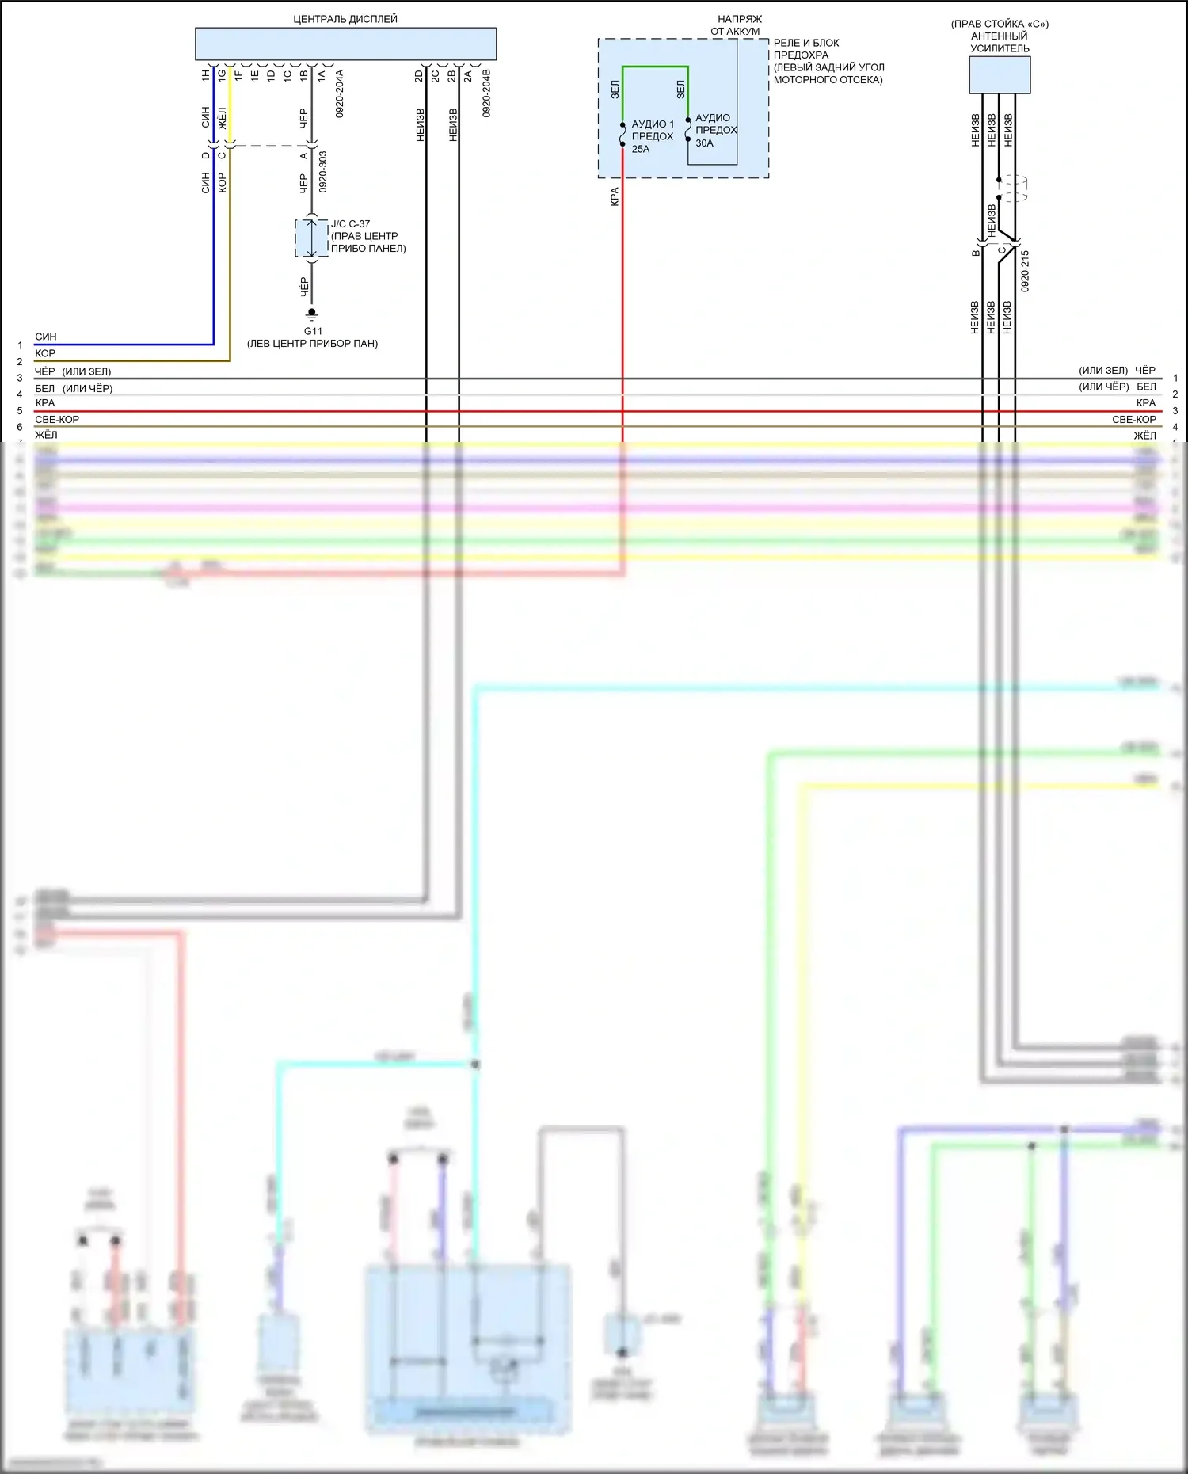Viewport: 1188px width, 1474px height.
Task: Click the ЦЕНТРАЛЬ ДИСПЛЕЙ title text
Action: click(345, 19)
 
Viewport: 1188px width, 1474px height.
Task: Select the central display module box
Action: click(345, 44)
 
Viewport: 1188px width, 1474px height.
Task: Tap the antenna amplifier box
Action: click(1000, 75)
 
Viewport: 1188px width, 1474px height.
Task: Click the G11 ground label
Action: click(313, 331)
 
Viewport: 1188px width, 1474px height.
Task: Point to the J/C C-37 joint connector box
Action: click(311, 238)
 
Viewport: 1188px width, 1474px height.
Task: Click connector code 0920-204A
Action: click(340, 93)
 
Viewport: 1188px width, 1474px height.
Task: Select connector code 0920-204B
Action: click(486, 93)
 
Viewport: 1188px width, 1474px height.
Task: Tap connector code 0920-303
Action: click(323, 172)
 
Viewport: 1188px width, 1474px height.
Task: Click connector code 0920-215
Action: click(1025, 271)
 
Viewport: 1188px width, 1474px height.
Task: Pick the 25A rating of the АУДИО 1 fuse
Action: click(641, 149)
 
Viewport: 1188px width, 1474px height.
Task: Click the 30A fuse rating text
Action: click(704, 143)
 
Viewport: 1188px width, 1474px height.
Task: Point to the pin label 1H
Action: click(206, 75)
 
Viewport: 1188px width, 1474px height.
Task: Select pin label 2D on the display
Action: click(419, 76)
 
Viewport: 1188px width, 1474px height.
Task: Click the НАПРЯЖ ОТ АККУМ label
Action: click(738, 25)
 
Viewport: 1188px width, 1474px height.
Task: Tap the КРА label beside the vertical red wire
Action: click(615, 196)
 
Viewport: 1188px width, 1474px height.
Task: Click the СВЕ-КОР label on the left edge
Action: click(57, 419)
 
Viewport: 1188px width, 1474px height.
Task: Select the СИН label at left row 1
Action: click(46, 337)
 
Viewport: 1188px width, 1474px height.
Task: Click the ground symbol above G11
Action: click(312, 314)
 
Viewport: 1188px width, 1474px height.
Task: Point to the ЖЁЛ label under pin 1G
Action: click(223, 118)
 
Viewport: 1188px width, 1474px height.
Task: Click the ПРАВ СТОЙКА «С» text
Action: click(1000, 24)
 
